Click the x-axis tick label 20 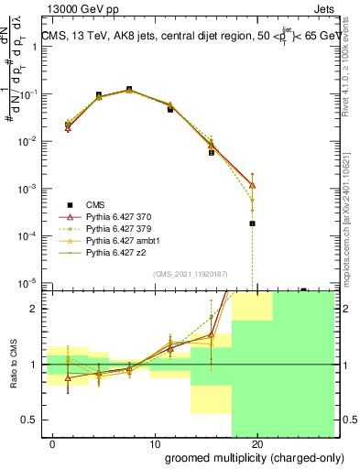pos(257,443)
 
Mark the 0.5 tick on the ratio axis pos(28,420)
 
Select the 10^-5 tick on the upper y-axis pos(27,282)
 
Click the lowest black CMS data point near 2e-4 pos(252,223)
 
